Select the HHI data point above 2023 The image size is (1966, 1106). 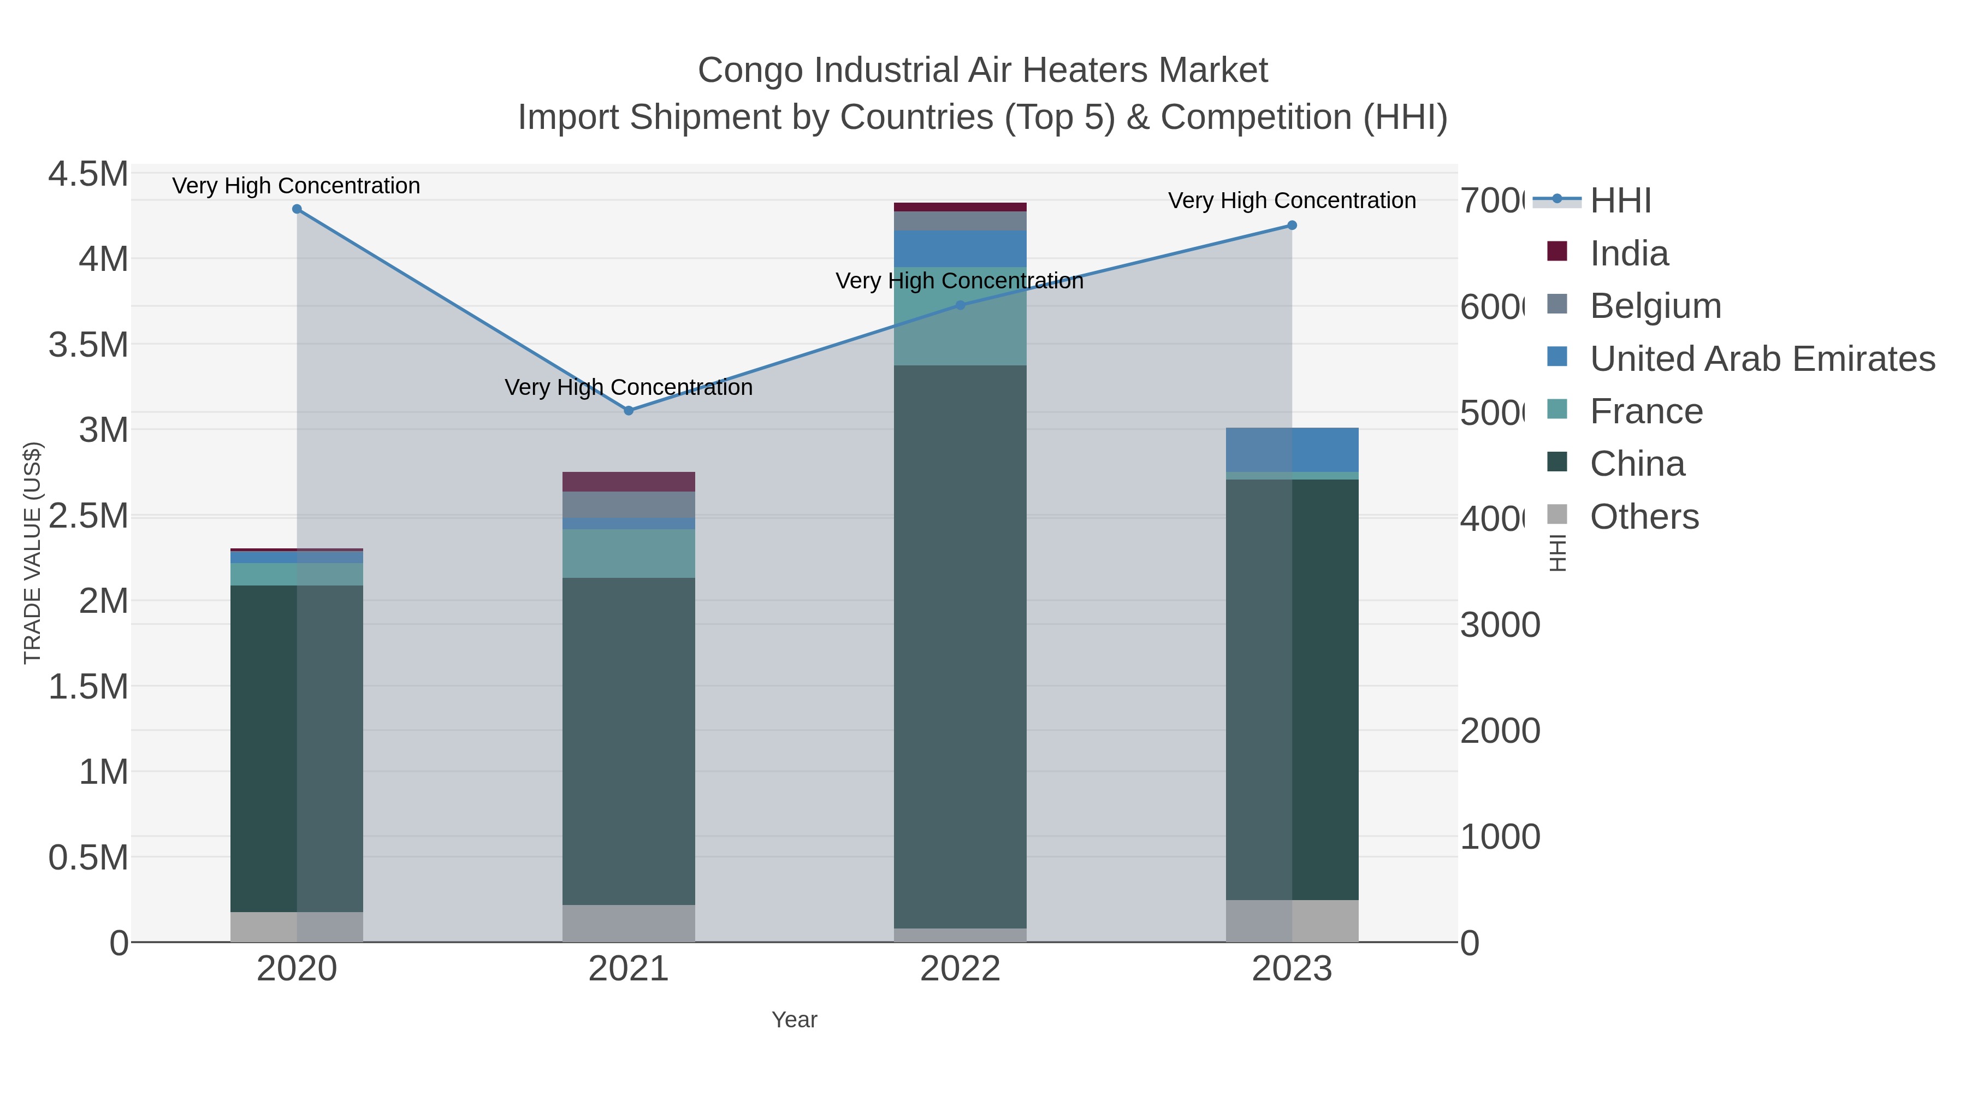coord(1292,225)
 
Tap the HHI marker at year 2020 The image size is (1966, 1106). coord(297,209)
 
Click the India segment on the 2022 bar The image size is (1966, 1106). coord(960,207)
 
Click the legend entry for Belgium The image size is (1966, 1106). coord(1655,306)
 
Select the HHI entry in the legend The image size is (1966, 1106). coord(1620,201)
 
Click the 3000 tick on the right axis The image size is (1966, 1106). coord(1500,625)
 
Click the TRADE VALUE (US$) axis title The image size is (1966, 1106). coord(32,553)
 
